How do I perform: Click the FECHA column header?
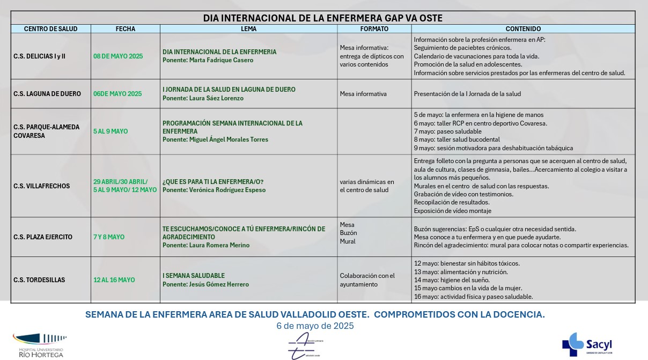[x=126, y=29]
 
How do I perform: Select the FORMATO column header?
[x=374, y=29]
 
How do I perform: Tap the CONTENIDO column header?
[x=523, y=29]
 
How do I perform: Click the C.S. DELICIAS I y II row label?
[x=39, y=56]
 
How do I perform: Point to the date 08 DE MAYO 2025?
[x=118, y=56]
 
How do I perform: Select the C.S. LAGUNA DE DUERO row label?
[x=47, y=94]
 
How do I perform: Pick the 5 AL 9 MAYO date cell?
[x=111, y=131]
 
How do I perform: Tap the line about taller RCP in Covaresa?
[x=480, y=123]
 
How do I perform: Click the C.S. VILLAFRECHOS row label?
[x=41, y=186]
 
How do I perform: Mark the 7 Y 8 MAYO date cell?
[x=109, y=237]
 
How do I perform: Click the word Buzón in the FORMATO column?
[x=348, y=233]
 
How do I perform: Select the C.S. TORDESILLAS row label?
[x=39, y=280]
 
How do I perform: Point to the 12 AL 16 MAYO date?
[x=114, y=280]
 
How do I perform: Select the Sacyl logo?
[x=587, y=344]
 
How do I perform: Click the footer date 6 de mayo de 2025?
[x=315, y=326]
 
